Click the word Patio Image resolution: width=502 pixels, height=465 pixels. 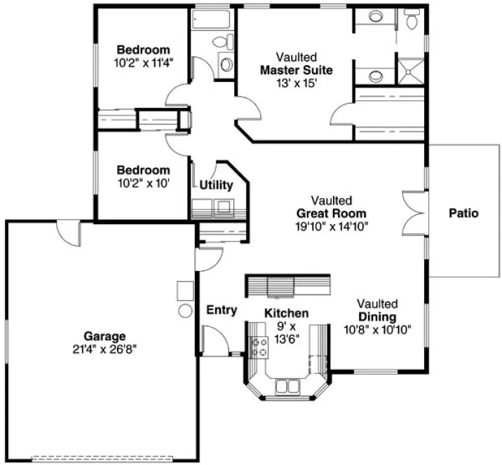tap(463, 213)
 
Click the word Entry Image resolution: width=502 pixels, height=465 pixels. tap(222, 310)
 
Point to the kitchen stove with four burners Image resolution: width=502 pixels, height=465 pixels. tap(259, 346)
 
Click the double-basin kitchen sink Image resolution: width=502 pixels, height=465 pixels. tap(287, 384)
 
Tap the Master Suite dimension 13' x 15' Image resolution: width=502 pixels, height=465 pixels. tap(296, 82)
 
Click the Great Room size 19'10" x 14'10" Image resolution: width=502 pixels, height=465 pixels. tap(332, 225)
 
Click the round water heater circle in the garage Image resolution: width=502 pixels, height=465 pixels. tap(186, 310)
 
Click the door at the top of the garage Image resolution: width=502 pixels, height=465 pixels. tap(68, 233)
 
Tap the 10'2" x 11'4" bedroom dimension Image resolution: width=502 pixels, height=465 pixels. tap(143, 62)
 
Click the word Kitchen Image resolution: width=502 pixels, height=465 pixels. tap(286, 313)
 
